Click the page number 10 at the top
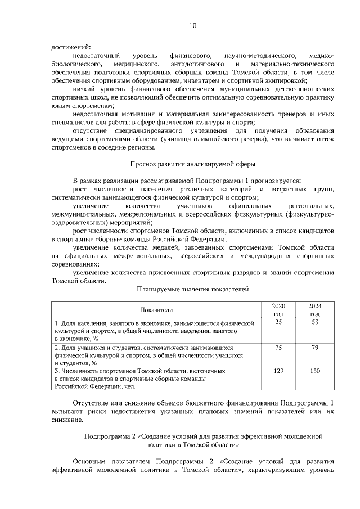(x=192, y=26)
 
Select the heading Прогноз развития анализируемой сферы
(x=192, y=164)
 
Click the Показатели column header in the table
(x=157, y=309)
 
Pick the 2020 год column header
(x=278, y=309)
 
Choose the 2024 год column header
(x=315, y=309)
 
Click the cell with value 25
(x=278, y=322)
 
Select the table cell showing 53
(x=315, y=322)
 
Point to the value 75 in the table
(x=278, y=348)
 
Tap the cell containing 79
(x=315, y=348)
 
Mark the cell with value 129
(x=278, y=372)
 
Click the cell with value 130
(x=315, y=372)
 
